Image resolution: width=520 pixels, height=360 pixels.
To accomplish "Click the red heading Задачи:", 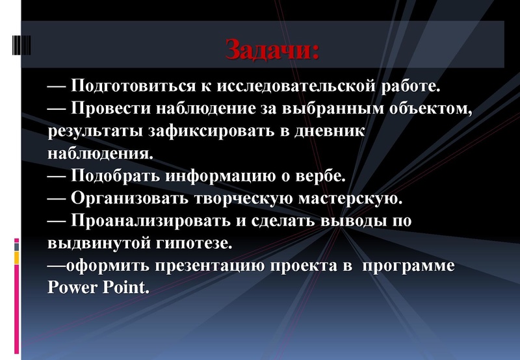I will (273, 49).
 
